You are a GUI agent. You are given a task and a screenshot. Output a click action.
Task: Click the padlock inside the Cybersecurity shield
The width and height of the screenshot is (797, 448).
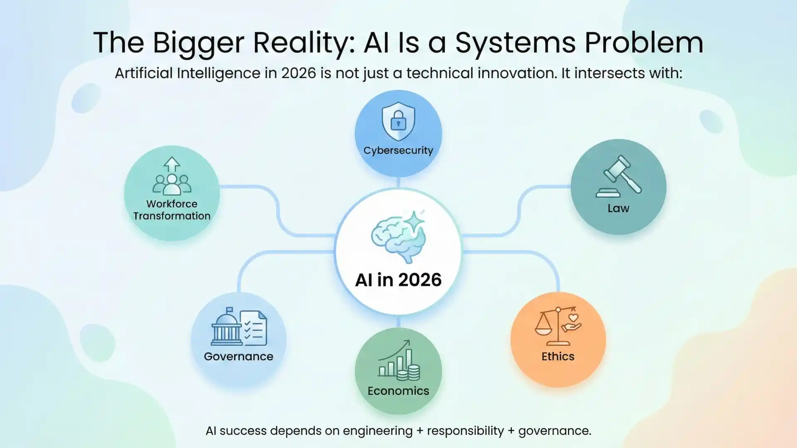pos(398,120)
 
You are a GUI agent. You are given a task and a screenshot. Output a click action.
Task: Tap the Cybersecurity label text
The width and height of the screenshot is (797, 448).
pos(398,151)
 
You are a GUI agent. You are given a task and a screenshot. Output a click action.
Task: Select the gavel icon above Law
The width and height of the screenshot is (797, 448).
pos(619,176)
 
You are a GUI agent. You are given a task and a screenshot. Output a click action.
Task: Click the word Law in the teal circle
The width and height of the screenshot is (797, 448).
pos(619,208)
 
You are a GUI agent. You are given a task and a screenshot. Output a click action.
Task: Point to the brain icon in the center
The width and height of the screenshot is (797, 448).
pos(398,236)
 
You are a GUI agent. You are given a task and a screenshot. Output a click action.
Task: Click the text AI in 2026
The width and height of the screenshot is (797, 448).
pos(398,280)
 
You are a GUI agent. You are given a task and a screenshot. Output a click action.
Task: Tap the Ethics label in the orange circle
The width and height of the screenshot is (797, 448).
pos(558,356)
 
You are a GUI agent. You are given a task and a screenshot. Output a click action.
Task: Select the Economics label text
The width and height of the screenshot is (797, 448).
pos(398,391)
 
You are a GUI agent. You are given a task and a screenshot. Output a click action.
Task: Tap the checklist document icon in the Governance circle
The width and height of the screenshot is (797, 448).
pos(254,328)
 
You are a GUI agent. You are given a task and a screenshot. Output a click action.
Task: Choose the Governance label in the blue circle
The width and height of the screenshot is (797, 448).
pos(239,356)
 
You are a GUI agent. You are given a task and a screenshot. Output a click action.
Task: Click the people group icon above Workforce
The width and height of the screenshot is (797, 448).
pos(172,185)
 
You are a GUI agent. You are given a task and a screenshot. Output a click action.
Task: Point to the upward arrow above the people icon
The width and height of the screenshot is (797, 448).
pos(172,164)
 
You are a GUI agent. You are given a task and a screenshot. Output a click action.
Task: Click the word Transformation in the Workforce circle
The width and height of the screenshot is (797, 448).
pos(172,216)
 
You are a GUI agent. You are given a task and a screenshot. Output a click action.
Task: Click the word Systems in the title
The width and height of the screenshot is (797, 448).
pos(515,43)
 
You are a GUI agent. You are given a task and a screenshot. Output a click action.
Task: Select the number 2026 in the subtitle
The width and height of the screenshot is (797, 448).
pos(298,73)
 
